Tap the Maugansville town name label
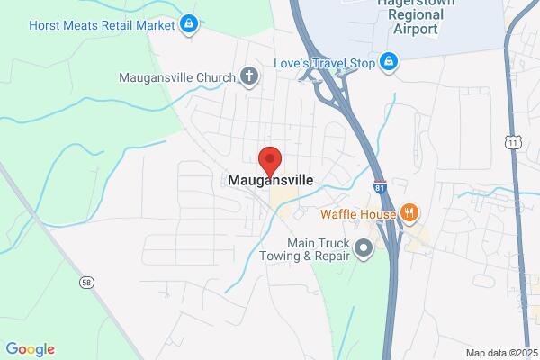[x=270, y=180]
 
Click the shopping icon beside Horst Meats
[x=189, y=24]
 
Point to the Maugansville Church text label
[x=177, y=76]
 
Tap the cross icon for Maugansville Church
[x=249, y=76]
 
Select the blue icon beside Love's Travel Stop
[x=388, y=62]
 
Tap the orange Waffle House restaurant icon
[x=409, y=212]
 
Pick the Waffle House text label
[x=358, y=214]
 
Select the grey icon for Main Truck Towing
[x=364, y=248]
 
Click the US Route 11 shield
[x=512, y=142]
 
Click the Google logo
[x=30, y=349]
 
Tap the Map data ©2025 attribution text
[x=500, y=353]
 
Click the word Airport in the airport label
[x=416, y=29]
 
